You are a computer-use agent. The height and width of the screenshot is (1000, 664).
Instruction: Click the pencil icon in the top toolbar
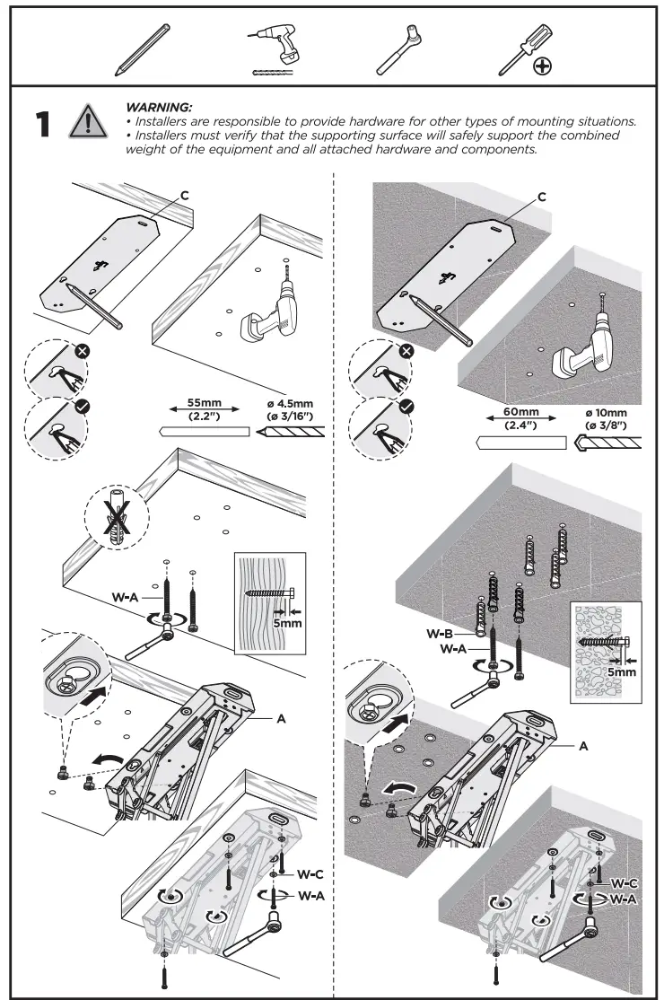(x=144, y=49)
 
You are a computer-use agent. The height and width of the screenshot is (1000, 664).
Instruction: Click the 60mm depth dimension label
(x=520, y=418)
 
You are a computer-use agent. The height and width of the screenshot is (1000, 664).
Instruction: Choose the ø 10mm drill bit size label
(x=606, y=418)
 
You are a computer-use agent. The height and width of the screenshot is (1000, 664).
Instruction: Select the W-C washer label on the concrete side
(x=625, y=883)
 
